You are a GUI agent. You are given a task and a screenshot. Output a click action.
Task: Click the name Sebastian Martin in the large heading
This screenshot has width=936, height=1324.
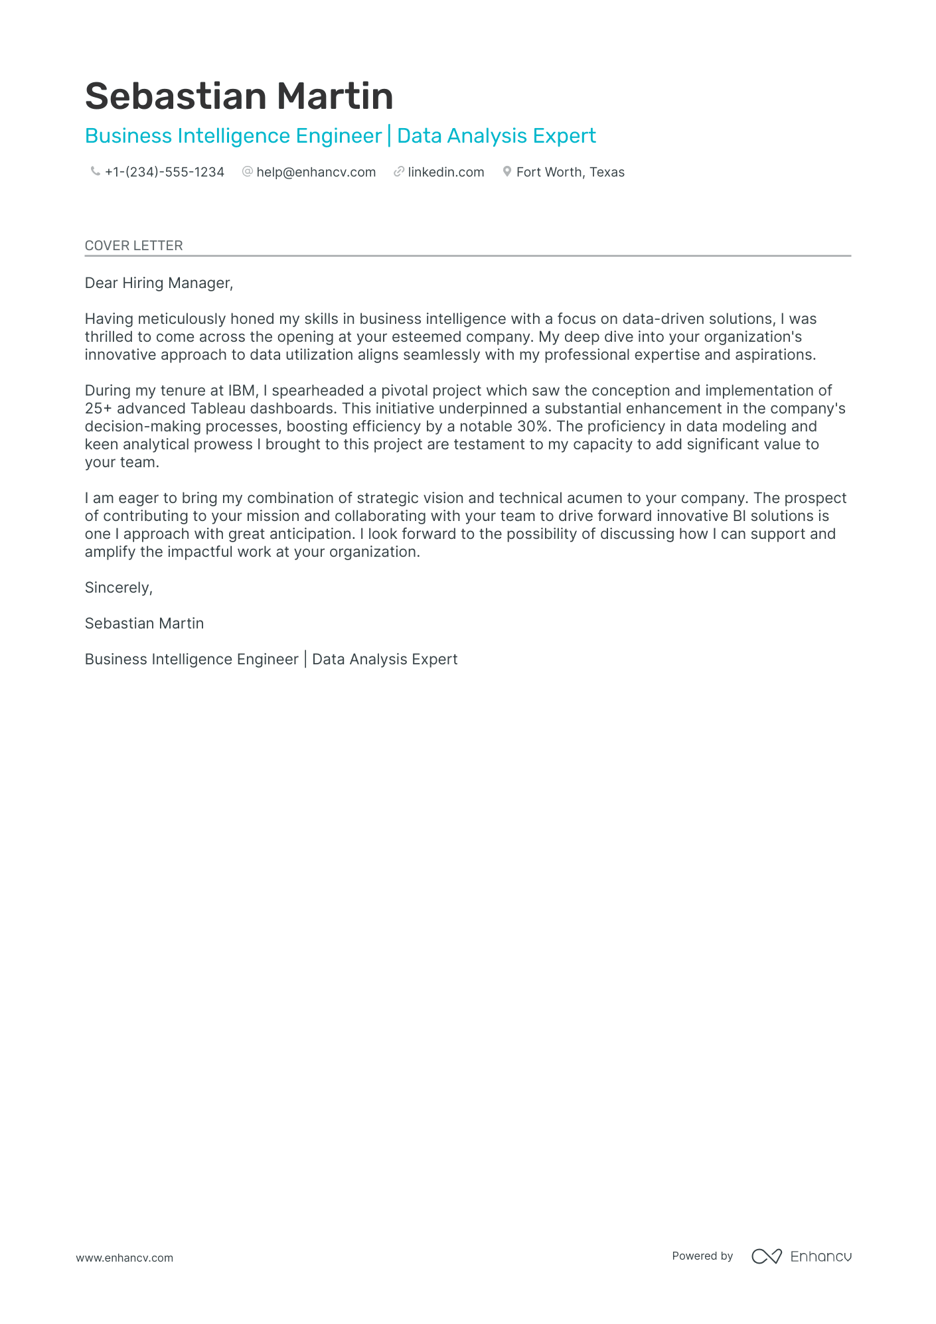pos(239,96)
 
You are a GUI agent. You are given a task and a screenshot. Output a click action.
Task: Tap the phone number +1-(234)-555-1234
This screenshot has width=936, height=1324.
pos(164,172)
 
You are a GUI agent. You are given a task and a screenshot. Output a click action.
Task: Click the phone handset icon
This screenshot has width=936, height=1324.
pos(95,171)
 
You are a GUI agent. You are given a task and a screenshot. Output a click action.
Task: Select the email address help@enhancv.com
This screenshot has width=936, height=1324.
pos(316,172)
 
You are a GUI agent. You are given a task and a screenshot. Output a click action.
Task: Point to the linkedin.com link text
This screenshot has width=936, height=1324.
pos(445,172)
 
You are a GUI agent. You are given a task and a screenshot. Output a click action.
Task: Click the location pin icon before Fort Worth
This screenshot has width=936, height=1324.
pos(507,171)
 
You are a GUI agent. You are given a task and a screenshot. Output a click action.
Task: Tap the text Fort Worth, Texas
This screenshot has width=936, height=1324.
pos(570,172)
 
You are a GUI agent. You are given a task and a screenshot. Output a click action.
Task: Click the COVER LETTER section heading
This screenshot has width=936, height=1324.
pos(133,246)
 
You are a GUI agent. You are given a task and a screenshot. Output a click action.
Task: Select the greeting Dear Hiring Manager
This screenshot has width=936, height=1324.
pos(159,283)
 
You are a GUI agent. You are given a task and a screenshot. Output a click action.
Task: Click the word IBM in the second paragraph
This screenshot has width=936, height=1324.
pos(242,391)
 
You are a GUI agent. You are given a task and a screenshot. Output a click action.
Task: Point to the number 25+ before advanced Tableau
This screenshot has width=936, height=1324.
pos(98,409)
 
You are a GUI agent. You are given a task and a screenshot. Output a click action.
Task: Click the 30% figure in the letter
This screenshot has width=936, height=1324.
pos(534,427)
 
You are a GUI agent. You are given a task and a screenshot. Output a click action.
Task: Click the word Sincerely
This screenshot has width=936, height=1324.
pos(118,588)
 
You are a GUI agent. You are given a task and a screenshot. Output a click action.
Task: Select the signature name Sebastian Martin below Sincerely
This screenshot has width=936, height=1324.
pos(144,624)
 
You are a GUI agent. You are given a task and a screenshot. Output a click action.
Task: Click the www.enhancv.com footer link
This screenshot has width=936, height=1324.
pos(124,1258)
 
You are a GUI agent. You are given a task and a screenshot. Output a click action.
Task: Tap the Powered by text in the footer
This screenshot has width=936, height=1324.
pos(702,1256)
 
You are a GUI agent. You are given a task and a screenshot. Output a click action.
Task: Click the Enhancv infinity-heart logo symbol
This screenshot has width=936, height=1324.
pos(766,1256)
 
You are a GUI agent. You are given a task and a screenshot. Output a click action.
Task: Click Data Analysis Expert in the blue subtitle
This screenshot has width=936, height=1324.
pos(496,136)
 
